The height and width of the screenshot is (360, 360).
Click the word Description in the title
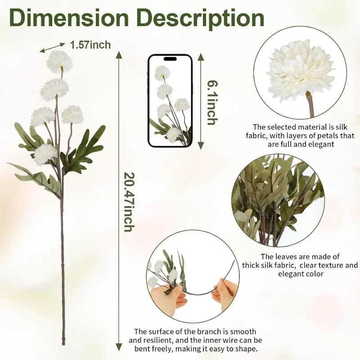(x=200, y=18)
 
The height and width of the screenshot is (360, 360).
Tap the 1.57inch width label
(x=90, y=45)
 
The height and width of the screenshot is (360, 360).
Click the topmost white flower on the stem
(x=60, y=61)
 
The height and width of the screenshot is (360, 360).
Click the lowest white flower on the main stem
(x=45, y=154)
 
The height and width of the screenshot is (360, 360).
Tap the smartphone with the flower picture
(x=170, y=101)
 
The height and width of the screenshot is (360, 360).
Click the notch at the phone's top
(x=170, y=58)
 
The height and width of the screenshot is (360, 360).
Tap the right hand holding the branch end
(x=224, y=291)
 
